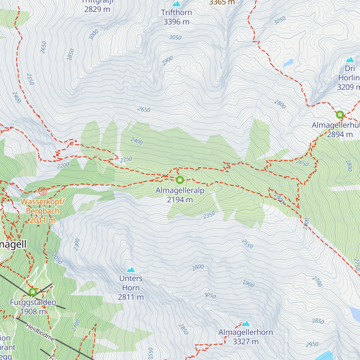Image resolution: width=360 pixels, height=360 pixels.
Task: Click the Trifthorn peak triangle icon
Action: pyautogui.click(x=176, y=4)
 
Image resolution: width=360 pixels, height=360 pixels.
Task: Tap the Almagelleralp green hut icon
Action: pyautogui.click(x=180, y=180)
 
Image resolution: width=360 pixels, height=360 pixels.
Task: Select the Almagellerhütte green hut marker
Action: pyautogui.click(x=340, y=115)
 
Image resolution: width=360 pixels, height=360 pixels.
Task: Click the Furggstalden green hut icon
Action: pyautogui.click(x=33, y=292)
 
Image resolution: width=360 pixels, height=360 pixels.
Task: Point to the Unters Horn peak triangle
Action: pyautogui.click(x=131, y=270)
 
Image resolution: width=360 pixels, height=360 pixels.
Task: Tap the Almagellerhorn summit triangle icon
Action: pyautogui.click(x=246, y=323)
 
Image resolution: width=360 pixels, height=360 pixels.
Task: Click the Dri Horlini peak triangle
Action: pyautogui.click(x=350, y=60)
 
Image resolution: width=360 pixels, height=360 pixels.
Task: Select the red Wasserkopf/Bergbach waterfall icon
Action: pyautogui.click(x=42, y=190)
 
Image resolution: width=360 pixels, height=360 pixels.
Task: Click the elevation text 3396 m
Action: pyautogui.click(x=176, y=22)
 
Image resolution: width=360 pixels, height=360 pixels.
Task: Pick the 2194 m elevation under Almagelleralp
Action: pyautogui.click(x=180, y=200)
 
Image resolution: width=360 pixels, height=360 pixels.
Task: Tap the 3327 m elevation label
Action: pyautogui.click(x=245, y=342)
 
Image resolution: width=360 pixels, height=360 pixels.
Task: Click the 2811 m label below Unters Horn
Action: pyautogui.click(x=131, y=297)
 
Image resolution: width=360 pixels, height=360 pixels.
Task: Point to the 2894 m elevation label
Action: pyautogui.click(x=340, y=135)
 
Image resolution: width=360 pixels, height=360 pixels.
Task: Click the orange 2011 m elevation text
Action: pyautogui.click(x=42, y=220)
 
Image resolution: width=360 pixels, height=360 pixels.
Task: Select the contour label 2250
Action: pyautogui.click(x=126, y=160)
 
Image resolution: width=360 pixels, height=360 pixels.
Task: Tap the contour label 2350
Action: pyautogui.click(x=209, y=215)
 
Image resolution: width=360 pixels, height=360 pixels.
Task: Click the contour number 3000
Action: pyautogui.click(x=94, y=35)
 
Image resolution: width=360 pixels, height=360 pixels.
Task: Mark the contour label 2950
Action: pyautogui.click(x=312, y=344)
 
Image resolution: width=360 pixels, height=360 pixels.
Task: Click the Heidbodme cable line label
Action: pyautogui.click(x=40, y=332)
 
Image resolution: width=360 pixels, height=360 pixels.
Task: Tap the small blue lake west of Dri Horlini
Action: pyautogui.click(x=288, y=63)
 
